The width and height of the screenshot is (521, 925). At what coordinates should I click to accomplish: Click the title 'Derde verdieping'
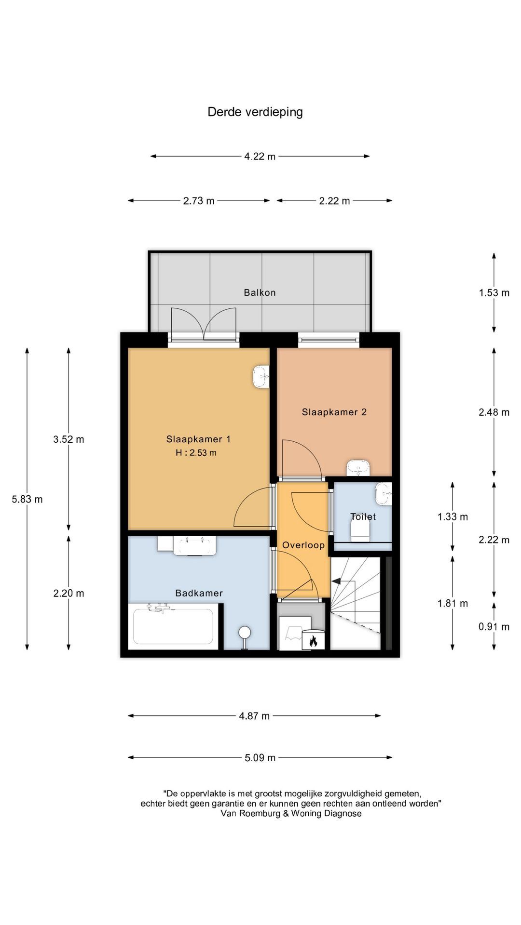tap(255, 112)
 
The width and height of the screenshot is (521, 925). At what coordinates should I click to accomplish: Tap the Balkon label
tap(260, 292)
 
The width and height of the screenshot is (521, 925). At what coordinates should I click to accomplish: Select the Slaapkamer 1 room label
tap(198, 439)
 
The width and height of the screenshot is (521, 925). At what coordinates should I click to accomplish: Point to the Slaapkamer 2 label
tap(334, 412)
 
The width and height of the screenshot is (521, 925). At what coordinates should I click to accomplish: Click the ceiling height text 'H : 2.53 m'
tap(196, 453)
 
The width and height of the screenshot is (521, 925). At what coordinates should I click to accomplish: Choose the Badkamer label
tap(199, 593)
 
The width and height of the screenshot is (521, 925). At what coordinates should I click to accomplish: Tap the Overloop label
tap(303, 545)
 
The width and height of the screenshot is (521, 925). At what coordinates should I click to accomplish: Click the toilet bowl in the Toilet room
tap(360, 531)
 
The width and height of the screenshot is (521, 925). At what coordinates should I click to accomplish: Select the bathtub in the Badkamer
tap(173, 626)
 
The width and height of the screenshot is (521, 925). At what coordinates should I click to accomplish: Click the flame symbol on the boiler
tap(313, 641)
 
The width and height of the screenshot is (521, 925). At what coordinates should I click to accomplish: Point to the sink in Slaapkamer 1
tap(261, 377)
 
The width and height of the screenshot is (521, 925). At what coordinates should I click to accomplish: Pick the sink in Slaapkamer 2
tap(358, 467)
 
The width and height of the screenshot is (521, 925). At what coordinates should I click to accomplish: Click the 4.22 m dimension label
tap(260, 156)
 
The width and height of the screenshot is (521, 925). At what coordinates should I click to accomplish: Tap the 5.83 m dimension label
tap(27, 499)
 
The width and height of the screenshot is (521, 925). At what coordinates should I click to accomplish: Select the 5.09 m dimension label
tap(260, 757)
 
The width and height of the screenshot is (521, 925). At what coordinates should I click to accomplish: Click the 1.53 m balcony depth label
tap(494, 292)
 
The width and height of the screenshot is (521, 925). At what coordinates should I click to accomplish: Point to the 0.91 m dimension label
tap(494, 626)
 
